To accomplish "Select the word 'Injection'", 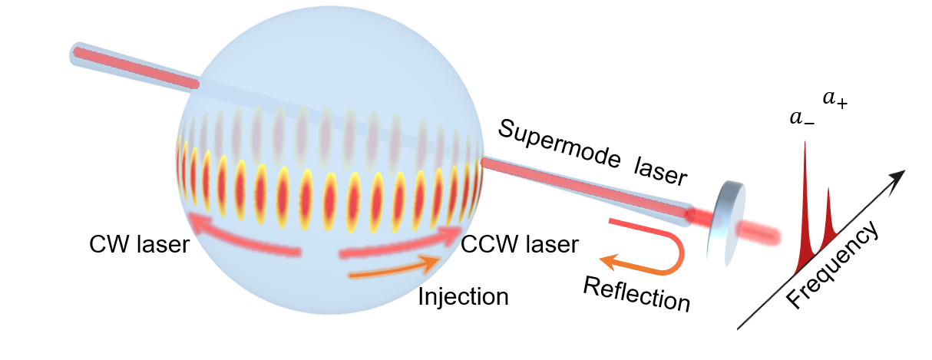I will pos(463,296).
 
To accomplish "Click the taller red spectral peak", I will pos(804,207).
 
